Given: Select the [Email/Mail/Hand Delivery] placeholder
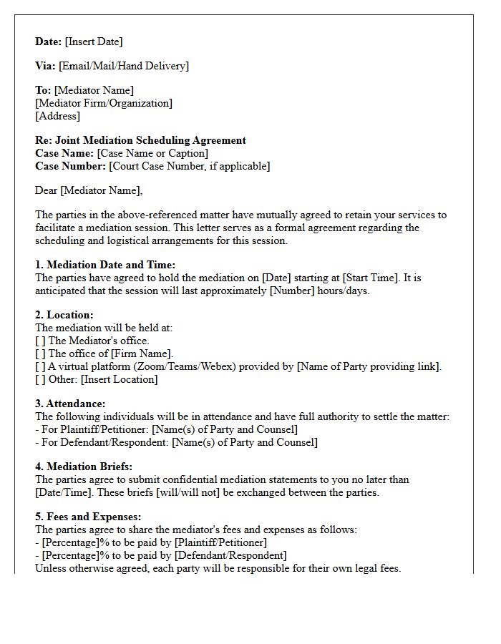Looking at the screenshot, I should [124, 66].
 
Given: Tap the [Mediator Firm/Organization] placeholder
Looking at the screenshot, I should [104, 103].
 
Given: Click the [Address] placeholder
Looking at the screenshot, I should [57, 116].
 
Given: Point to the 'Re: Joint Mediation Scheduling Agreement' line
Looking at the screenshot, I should [140, 140].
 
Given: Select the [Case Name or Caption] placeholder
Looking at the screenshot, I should [152, 153].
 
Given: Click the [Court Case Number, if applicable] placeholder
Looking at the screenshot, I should [190, 166].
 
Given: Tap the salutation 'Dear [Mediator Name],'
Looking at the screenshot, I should [89, 190].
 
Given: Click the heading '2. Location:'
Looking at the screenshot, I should [64, 315].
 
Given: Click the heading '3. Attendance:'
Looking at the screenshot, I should [70, 404].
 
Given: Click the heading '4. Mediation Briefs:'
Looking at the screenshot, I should [84, 467].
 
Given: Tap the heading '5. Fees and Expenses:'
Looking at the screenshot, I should [88, 517].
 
